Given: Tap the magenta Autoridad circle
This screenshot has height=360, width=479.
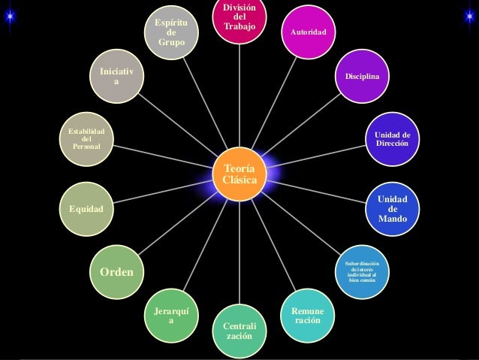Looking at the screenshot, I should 309,33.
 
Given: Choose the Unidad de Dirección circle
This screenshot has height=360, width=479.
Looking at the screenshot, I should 392,138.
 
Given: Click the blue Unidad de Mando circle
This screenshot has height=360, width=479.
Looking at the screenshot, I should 393,208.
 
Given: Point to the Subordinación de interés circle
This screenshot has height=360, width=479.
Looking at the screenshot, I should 363,270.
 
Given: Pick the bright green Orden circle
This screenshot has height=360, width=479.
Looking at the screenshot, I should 117,271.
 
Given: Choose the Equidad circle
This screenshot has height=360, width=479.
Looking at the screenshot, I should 87,207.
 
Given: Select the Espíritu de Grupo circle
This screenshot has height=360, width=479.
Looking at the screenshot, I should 171,32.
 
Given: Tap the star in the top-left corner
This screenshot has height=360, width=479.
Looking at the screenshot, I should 9,17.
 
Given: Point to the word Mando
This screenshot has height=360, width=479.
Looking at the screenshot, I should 393,219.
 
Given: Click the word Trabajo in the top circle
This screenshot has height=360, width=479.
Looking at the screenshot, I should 239,27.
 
